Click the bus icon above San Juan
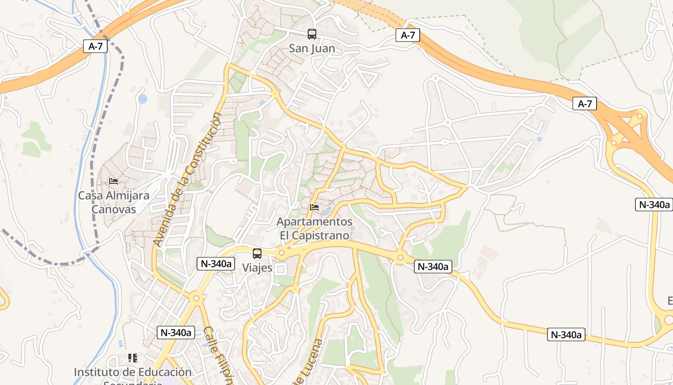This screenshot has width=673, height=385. (312, 34)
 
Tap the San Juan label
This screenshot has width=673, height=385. (312, 49)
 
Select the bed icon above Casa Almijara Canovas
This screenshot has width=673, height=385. (113, 181)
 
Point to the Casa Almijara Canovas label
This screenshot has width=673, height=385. (113, 203)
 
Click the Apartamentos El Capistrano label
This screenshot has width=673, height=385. (315, 229)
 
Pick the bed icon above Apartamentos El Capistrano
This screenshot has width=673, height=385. (314, 207)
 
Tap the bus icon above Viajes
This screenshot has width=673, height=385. (257, 254)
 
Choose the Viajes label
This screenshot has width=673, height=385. (257, 268)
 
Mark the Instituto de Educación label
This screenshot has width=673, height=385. (133, 372)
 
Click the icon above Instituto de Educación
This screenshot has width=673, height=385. (133, 358)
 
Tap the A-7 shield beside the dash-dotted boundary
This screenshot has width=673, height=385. (95, 46)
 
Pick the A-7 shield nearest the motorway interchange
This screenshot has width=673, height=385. (585, 103)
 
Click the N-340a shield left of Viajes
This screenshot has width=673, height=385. (216, 263)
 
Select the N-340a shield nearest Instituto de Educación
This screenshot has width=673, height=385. (176, 332)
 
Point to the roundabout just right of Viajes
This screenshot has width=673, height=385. (282, 252)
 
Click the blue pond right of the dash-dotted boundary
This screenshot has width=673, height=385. (143, 99)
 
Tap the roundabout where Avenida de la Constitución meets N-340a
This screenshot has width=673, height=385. (196, 298)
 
